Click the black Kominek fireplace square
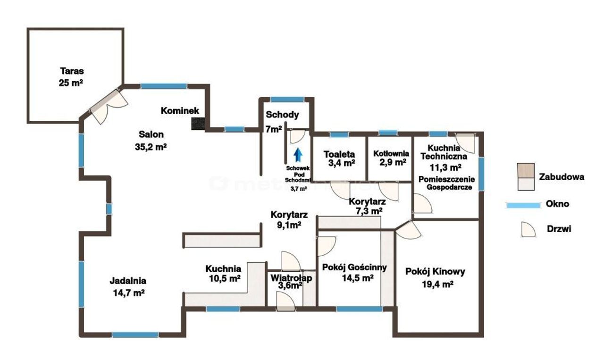point(198,124)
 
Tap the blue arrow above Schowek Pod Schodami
point(298,154)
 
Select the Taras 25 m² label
point(71,77)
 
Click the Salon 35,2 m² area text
point(151,141)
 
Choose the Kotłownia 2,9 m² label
point(391,158)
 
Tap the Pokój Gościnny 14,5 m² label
point(354,272)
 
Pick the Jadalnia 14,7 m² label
point(128,286)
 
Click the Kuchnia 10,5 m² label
point(223,274)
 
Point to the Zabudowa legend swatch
point(526,176)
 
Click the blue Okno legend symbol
point(523,205)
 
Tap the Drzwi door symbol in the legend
point(528,229)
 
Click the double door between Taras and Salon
point(108,106)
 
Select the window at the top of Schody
point(287,99)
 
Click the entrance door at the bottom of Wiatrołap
point(286,302)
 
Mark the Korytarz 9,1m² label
point(289,220)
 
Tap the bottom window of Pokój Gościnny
point(360,309)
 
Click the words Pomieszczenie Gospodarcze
point(446,183)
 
